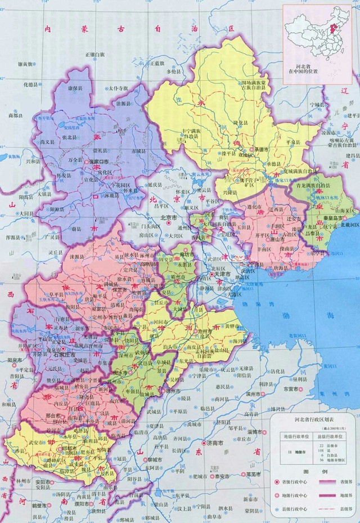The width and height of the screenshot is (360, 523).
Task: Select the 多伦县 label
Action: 173,72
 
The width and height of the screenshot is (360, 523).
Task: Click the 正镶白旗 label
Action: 95,54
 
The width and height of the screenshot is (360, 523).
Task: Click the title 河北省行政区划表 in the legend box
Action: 313,419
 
